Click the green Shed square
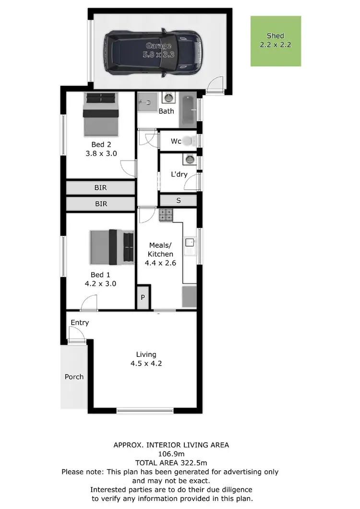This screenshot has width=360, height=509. click(x=276, y=41)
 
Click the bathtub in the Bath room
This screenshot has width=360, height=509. click(x=189, y=110)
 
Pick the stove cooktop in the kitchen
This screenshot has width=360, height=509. click(x=166, y=215)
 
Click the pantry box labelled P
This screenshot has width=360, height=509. click(x=143, y=297)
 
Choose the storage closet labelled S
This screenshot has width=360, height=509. click(x=178, y=201)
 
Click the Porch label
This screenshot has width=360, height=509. click(x=74, y=377)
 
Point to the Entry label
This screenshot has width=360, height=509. click(x=80, y=322)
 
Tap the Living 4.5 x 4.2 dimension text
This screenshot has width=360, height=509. click(x=146, y=363)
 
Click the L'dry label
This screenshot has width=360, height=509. click(x=179, y=174)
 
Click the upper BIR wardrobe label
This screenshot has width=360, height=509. click(x=101, y=188)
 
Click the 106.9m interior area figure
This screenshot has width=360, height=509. click(x=171, y=453)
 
